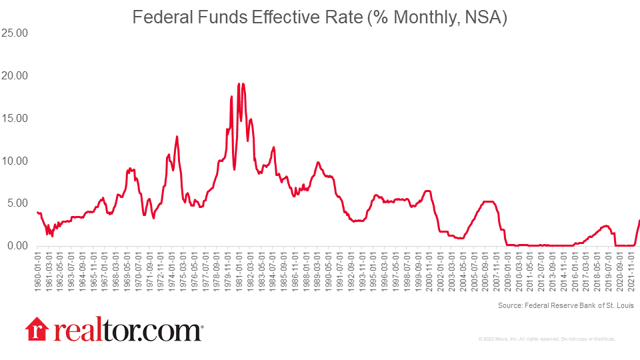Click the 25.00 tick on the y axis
[15, 33]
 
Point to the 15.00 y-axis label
[15, 118]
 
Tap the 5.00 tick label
[17, 203]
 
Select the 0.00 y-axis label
[17, 246]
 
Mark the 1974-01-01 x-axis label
[172, 269]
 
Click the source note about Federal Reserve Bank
[565, 306]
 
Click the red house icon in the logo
[37, 330]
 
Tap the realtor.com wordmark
[125, 330]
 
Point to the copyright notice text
[547, 339]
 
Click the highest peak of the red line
[239, 84]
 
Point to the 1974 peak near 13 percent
[177, 136]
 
